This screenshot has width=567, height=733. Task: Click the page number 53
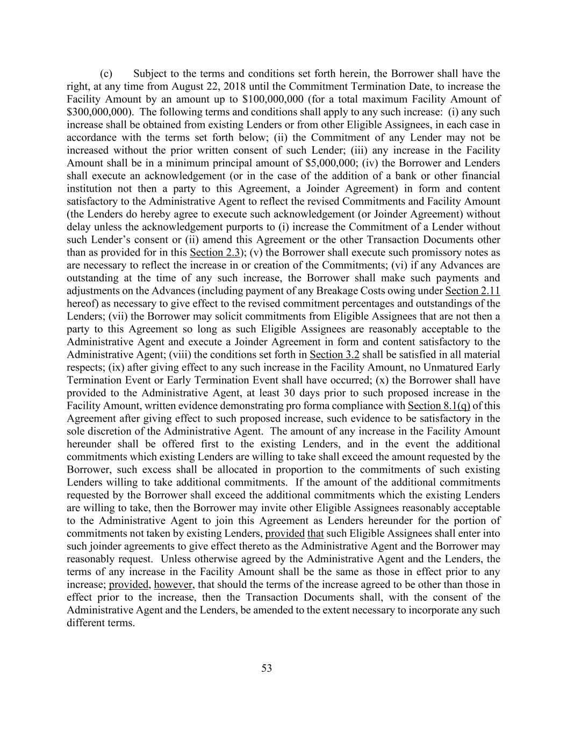tap(267, 668)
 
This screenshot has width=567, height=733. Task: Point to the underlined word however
tap(173, 585)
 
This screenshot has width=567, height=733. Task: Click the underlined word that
tap(315, 534)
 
